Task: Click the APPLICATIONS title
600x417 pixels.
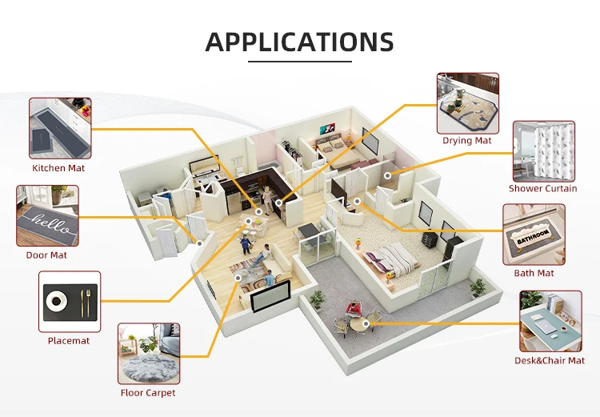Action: tap(299, 41)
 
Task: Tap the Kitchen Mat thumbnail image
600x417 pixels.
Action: tap(61, 128)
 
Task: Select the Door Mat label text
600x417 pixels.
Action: tap(46, 255)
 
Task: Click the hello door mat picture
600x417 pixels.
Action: tap(48, 216)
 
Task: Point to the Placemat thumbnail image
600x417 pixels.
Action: tap(70, 302)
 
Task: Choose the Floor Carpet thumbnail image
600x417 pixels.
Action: tap(149, 354)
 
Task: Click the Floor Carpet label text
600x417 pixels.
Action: tap(148, 393)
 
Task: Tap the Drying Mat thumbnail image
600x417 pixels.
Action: tap(468, 103)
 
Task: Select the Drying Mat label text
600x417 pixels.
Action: tap(467, 141)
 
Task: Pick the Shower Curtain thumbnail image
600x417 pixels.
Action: tap(543, 151)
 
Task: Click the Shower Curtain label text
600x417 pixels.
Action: tap(542, 189)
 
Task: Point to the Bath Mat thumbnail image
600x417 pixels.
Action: tap(534, 234)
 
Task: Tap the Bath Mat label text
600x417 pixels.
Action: tap(534, 273)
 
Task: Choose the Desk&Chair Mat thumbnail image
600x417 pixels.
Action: tap(551, 321)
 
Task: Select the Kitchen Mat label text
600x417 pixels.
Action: tap(58, 168)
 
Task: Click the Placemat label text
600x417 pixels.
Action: tap(69, 341)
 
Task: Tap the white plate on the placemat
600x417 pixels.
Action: tap(56, 301)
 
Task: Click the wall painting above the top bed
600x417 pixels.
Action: tap(329, 127)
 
